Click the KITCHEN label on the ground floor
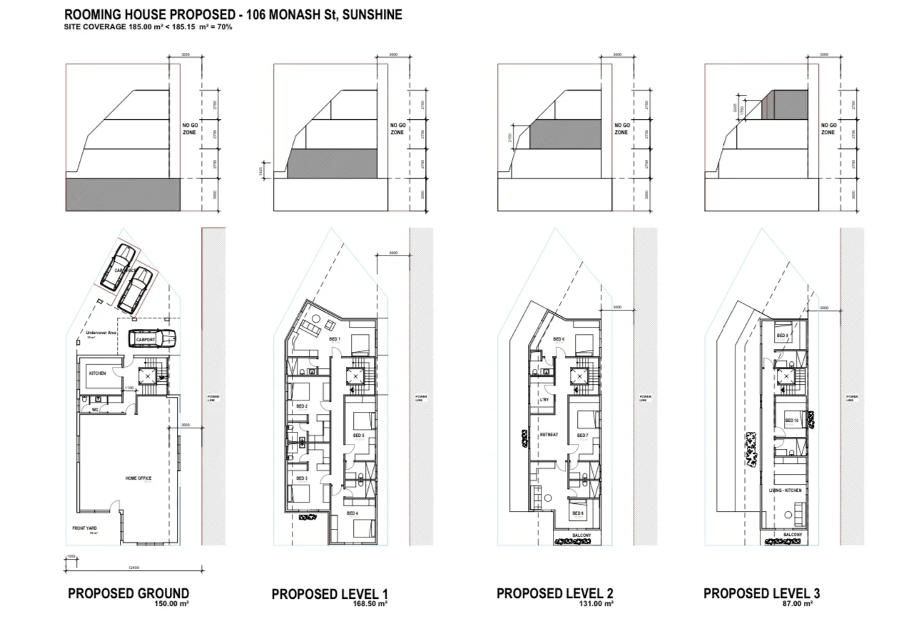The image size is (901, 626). click(x=97, y=373)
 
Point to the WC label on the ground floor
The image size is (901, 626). click(x=94, y=410)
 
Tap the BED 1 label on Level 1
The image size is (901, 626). click(x=335, y=338)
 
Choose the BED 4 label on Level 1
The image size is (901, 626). click(x=352, y=513)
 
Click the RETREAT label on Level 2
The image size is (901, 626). click(x=549, y=435)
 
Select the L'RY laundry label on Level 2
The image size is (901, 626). click(x=544, y=400)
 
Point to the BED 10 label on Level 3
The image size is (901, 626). click(x=791, y=420)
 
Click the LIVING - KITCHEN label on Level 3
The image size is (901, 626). click(x=785, y=490)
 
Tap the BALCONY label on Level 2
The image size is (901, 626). click(x=582, y=535)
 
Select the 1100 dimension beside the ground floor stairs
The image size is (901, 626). click(x=129, y=388)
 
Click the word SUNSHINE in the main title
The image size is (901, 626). click(x=371, y=14)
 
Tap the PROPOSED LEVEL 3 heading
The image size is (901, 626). click(x=761, y=593)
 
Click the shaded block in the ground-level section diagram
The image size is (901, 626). click(x=123, y=194)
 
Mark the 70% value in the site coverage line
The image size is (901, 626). click(x=225, y=27)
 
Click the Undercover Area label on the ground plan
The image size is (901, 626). click(x=96, y=333)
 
